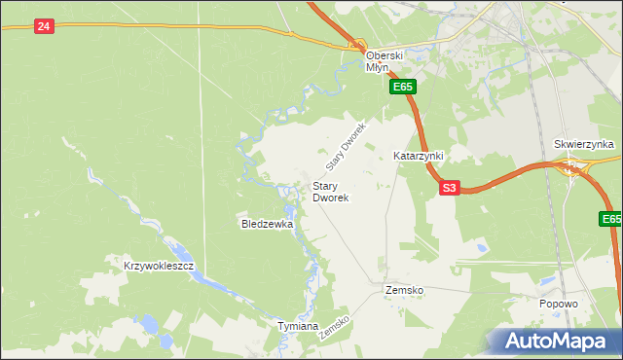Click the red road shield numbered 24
point(43,26)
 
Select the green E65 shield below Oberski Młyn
point(404,88)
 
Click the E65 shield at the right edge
point(610,221)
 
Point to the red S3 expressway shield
point(448,188)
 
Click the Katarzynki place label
point(419,156)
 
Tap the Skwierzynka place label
point(584,144)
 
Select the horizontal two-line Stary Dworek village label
point(331,191)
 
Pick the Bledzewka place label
point(268,224)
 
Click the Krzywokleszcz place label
point(160,266)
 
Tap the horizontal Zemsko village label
point(403,290)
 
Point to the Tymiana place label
point(298,326)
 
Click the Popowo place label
point(559,304)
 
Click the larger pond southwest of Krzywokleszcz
point(150,323)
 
